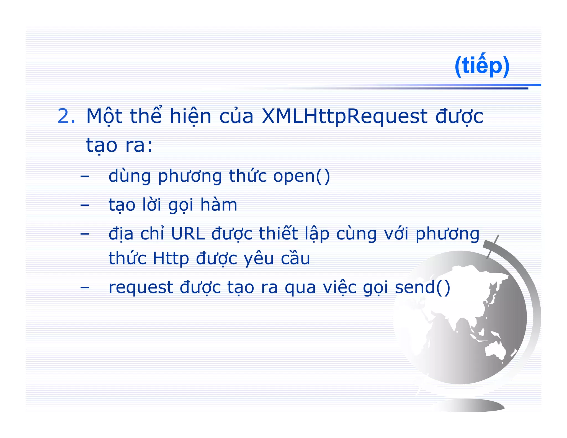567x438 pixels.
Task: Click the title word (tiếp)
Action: [x=482, y=66]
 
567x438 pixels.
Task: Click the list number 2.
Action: [x=66, y=116]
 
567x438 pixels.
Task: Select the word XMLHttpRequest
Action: [x=344, y=116]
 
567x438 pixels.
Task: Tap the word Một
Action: [x=104, y=116]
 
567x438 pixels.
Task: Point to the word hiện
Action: [x=190, y=116]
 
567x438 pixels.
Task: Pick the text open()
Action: [x=301, y=176]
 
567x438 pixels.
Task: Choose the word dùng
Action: [x=130, y=176]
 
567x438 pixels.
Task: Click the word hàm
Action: [x=219, y=205]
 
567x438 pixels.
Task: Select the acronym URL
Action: [x=188, y=234]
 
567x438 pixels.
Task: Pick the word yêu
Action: [x=259, y=259]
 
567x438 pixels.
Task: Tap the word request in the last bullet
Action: [x=141, y=287]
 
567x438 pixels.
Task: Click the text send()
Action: [x=422, y=287]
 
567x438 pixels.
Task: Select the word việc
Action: [x=340, y=287]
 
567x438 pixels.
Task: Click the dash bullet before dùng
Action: [x=85, y=176]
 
